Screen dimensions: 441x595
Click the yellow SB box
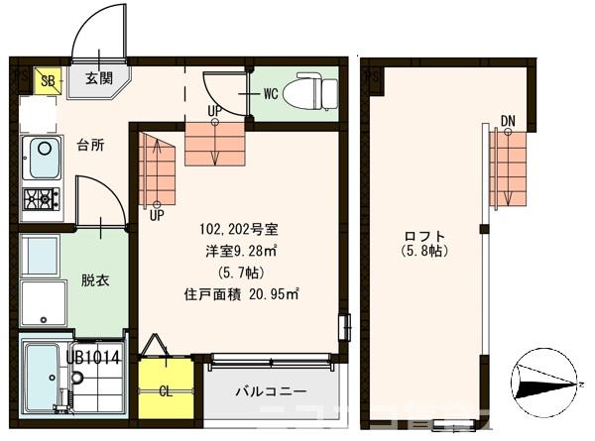pyautogui.click(x=46, y=80)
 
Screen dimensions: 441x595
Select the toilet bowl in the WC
pyautogui.click(x=308, y=94)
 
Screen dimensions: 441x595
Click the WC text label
pyautogui.click(x=270, y=95)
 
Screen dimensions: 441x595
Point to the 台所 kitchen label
pyautogui.click(x=90, y=145)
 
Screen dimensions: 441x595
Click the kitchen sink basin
pyautogui.click(x=44, y=157)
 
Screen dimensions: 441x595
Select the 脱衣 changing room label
pyautogui.click(x=95, y=280)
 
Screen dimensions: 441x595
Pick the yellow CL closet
pyautogui.click(x=166, y=389)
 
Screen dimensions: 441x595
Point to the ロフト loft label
pyautogui.click(x=424, y=235)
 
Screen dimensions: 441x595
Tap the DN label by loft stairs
pyautogui.click(x=508, y=122)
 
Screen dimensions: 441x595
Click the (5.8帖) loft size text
pyautogui.click(x=424, y=252)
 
